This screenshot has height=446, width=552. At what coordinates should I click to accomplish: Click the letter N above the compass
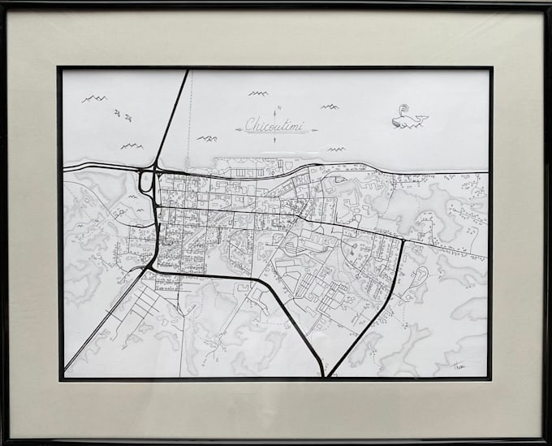pyautogui.click(x=278, y=108)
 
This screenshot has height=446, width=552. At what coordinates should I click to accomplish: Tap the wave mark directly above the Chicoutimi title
pyautogui.click(x=258, y=93)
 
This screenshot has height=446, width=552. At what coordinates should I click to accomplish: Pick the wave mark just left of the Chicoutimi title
pyautogui.click(x=207, y=138)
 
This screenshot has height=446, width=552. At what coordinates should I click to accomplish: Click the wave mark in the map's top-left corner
pyautogui.click(x=94, y=98)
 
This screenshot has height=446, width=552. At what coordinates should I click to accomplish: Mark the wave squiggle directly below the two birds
pyautogui.click(x=132, y=146)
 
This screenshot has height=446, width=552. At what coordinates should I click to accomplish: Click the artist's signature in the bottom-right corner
pyautogui.click(x=460, y=367)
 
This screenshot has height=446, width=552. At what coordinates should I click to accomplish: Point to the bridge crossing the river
pyautogui.click(x=172, y=118)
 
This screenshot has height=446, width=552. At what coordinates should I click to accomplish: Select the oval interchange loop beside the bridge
pyautogui.click(x=146, y=181)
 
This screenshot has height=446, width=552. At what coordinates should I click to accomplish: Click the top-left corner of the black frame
pyautogui.click(x=2, y=2)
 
